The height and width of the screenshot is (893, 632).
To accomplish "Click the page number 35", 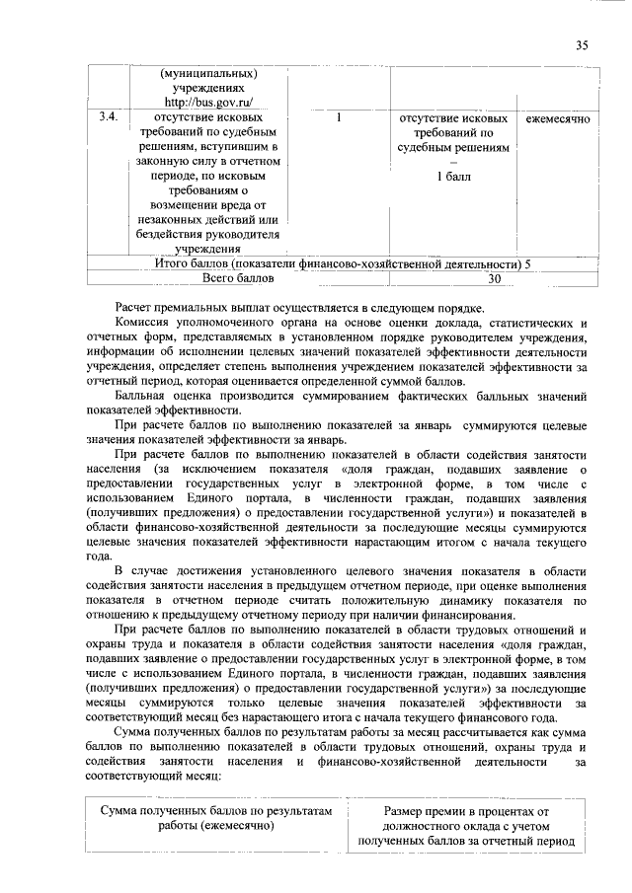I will pyautogui.click(x=582, y=44).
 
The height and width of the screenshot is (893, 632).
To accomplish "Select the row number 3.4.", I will pyautogui.click(x=110, y=118).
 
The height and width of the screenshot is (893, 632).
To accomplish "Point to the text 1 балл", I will pyautogui.click(x=454, y=177).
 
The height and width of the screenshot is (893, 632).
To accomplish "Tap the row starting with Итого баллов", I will pyautogui.click(x=342, y=264).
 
